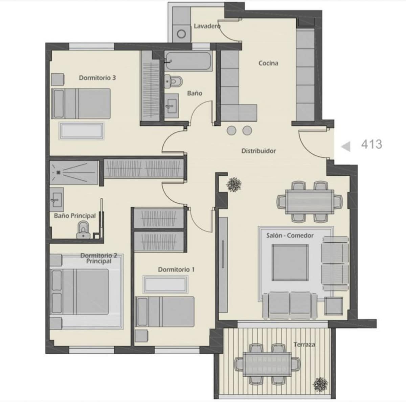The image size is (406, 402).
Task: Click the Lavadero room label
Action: click(207, 26)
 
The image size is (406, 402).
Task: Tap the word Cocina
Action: click(268, 63)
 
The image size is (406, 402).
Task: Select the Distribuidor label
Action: click(258, 151)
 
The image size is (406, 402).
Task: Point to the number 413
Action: click(371, 145)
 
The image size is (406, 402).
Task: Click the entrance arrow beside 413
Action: click(346, 147)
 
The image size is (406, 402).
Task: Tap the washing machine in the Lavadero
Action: click(181, 34)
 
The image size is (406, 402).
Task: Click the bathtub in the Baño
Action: click(188, 61)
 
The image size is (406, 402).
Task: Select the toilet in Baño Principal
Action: click(84, 230)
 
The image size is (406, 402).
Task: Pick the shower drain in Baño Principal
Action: click(59, 172)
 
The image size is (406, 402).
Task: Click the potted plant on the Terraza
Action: click(320, 384)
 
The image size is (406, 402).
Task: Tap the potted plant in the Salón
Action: click(234, 184)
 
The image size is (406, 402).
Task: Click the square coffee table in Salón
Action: click(290, 262)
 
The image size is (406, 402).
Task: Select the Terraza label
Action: click(304, 345)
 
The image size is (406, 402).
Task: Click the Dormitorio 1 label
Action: click(176, 270)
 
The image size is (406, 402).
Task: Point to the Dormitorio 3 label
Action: click(97, 78)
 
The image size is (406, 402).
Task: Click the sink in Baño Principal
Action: click(57, 200)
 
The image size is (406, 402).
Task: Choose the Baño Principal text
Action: click(75, 216)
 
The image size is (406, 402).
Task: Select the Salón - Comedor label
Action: click(290, 235)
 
